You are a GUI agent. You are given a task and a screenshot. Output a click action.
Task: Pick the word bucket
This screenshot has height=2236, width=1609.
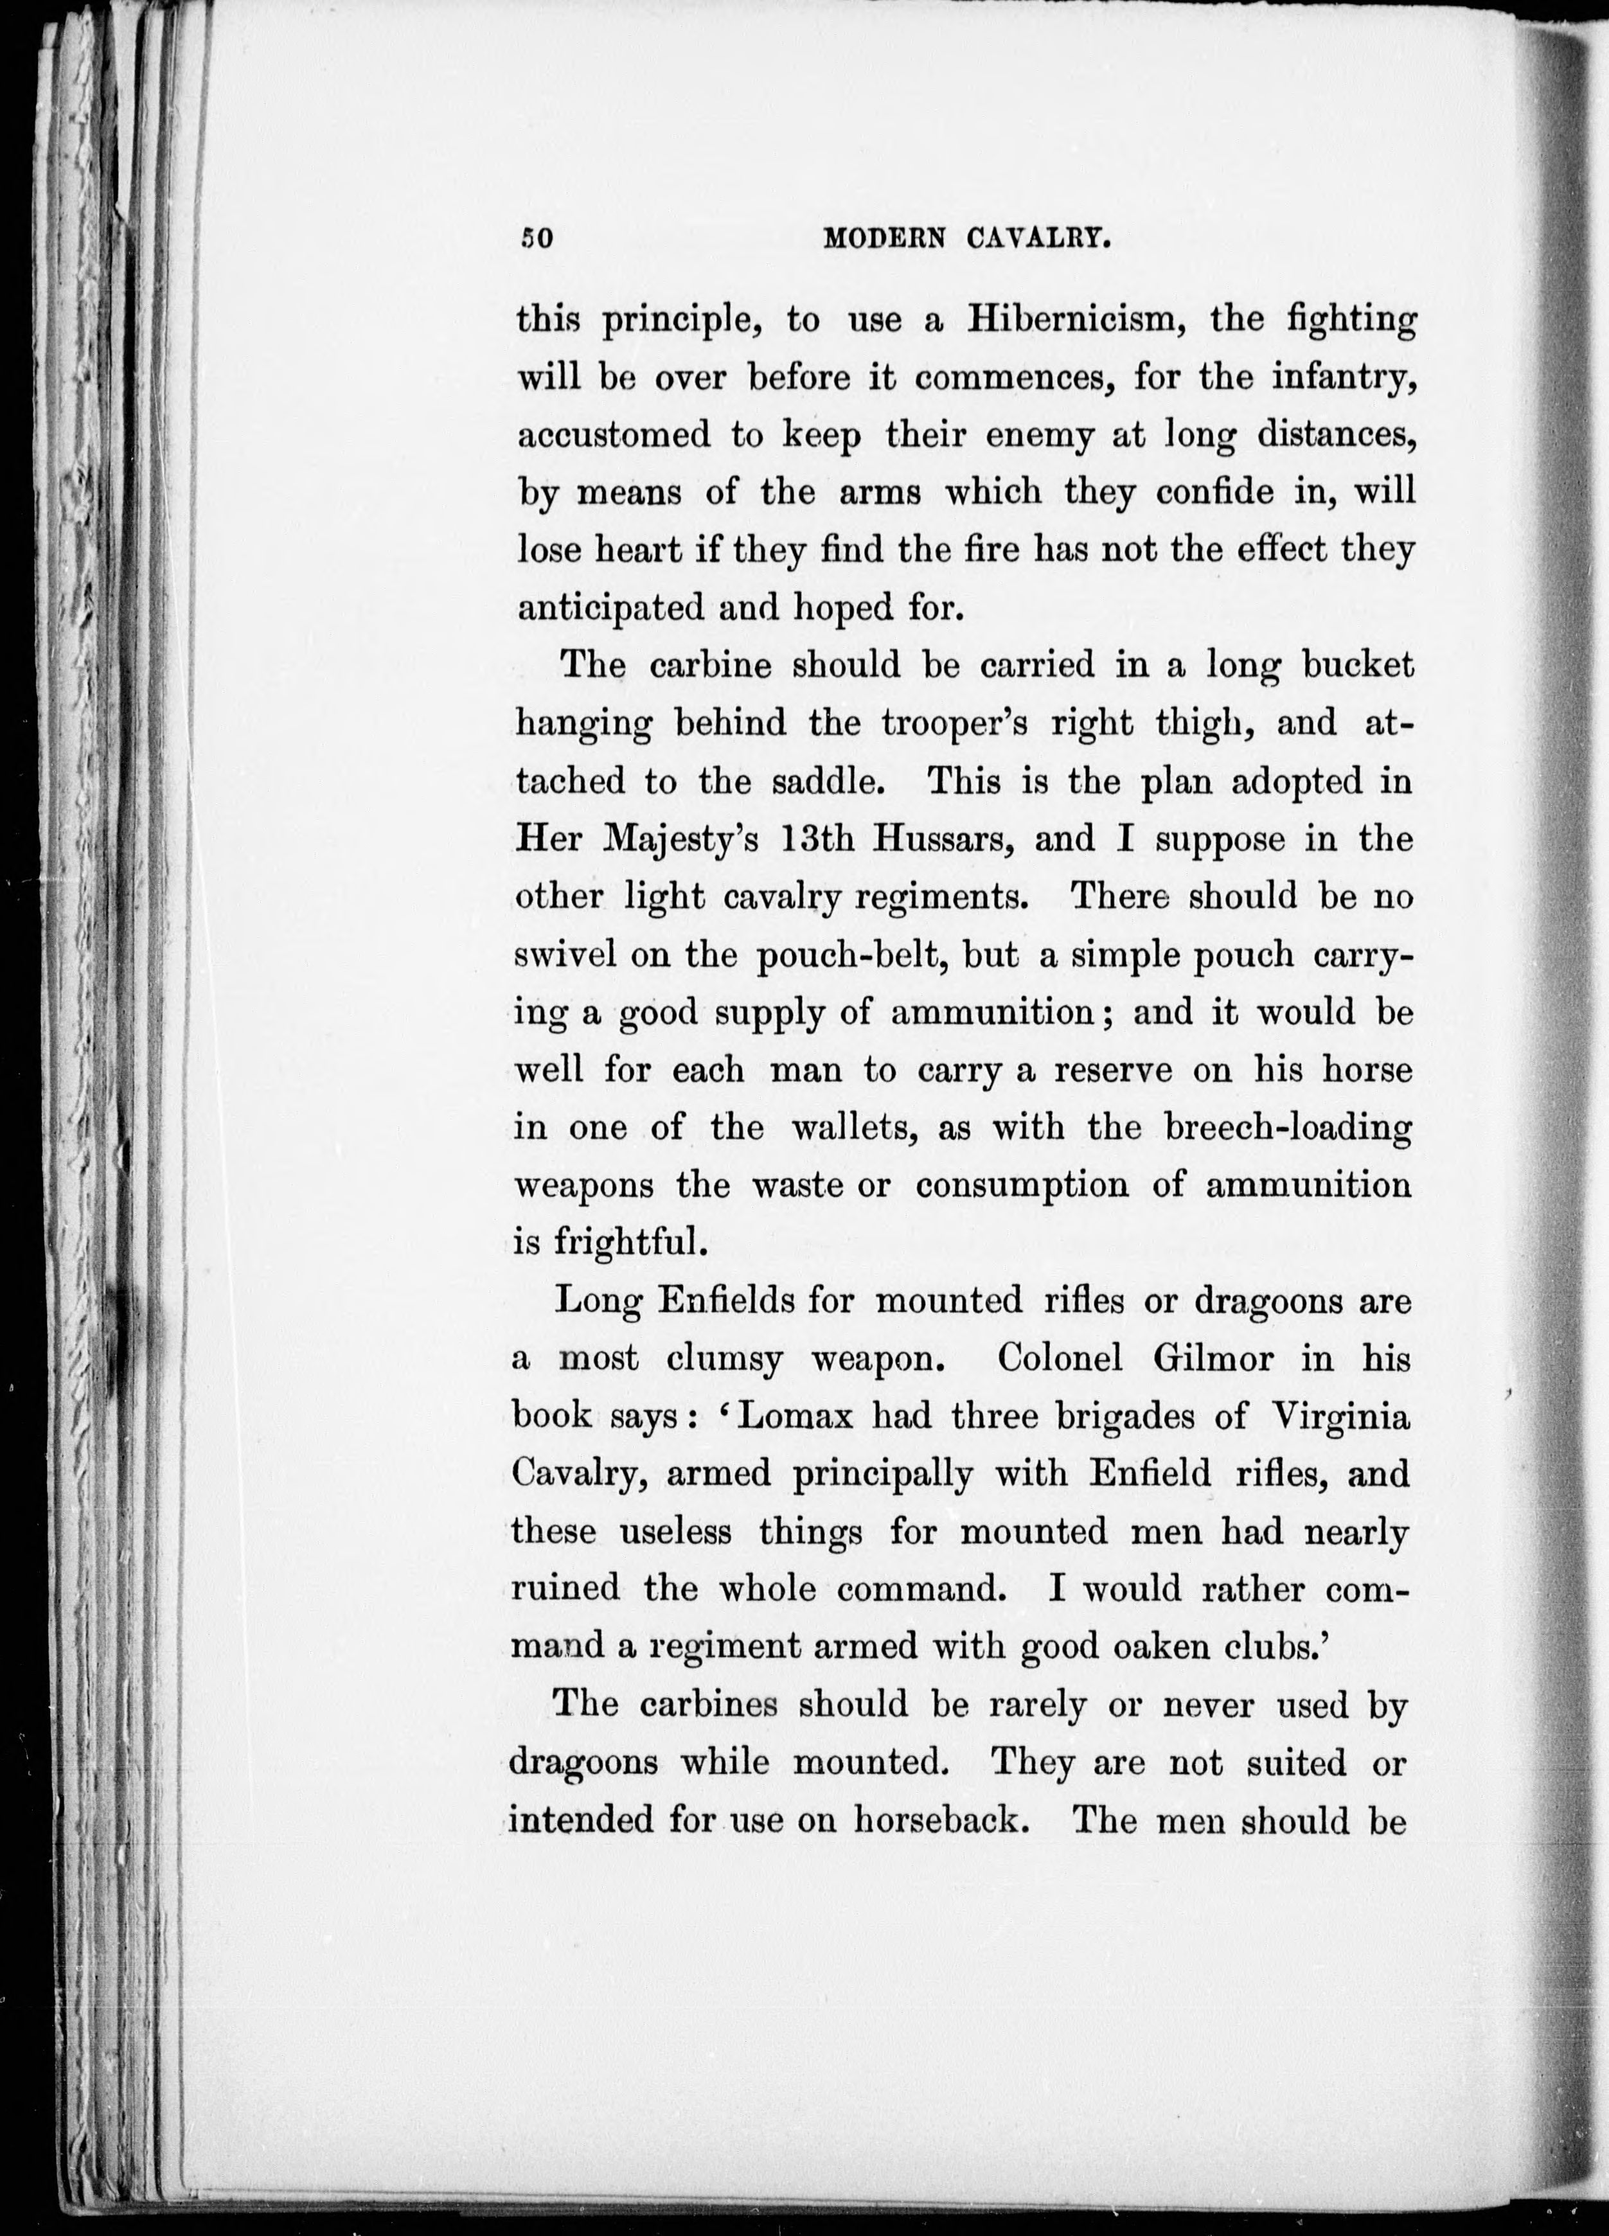1358,666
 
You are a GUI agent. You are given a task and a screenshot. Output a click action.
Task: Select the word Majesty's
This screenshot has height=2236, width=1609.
680,840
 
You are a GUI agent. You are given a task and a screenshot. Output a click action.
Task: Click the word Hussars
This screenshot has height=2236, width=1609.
938,839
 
